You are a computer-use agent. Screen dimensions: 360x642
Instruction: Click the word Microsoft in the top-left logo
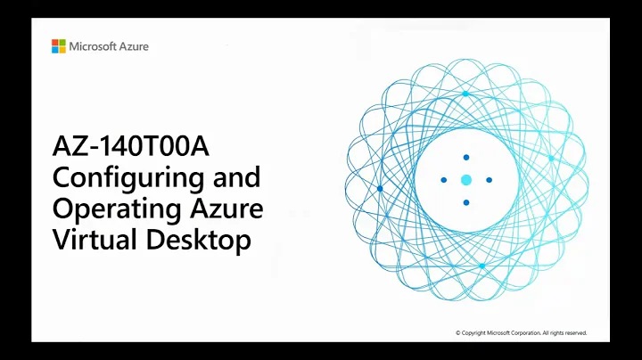click(95, 46)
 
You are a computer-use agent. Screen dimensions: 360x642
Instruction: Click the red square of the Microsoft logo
click(54, 42)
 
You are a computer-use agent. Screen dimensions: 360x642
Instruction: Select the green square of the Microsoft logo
click(62, 42)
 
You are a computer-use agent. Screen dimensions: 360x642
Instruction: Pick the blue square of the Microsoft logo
click(54, 50)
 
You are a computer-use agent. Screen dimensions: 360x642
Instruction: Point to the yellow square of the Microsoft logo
click(62, 50)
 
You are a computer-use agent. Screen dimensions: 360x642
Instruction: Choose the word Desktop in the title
click(197, 241)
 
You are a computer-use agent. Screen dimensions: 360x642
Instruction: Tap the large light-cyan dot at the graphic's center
click(465, 180)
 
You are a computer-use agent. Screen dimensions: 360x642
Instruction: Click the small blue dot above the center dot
click(465, 158)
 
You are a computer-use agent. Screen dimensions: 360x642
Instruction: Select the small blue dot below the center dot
click(465, 203)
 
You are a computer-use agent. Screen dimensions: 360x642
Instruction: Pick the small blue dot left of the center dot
click(443, 180)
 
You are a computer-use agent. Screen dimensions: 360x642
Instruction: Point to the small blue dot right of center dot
click(489, 180)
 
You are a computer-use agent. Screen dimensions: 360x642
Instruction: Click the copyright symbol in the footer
click(458, 333)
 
